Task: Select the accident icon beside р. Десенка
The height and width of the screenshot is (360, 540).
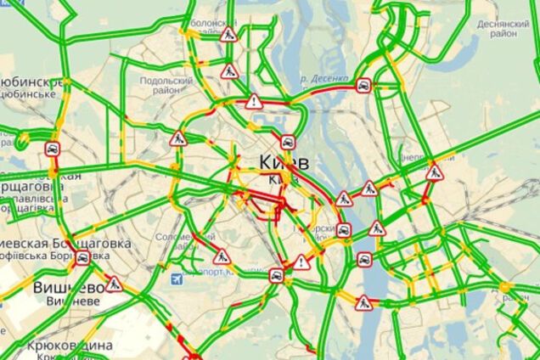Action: point(362,85)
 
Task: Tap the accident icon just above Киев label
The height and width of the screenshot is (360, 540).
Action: point(288,143)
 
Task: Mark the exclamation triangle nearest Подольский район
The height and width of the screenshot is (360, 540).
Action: point(253,103)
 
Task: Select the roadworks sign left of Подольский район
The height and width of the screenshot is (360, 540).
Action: point(177,139)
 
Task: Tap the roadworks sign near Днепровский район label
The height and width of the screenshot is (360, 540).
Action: point(435,174)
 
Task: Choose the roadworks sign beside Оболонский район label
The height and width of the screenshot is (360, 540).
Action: point(228,35)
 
